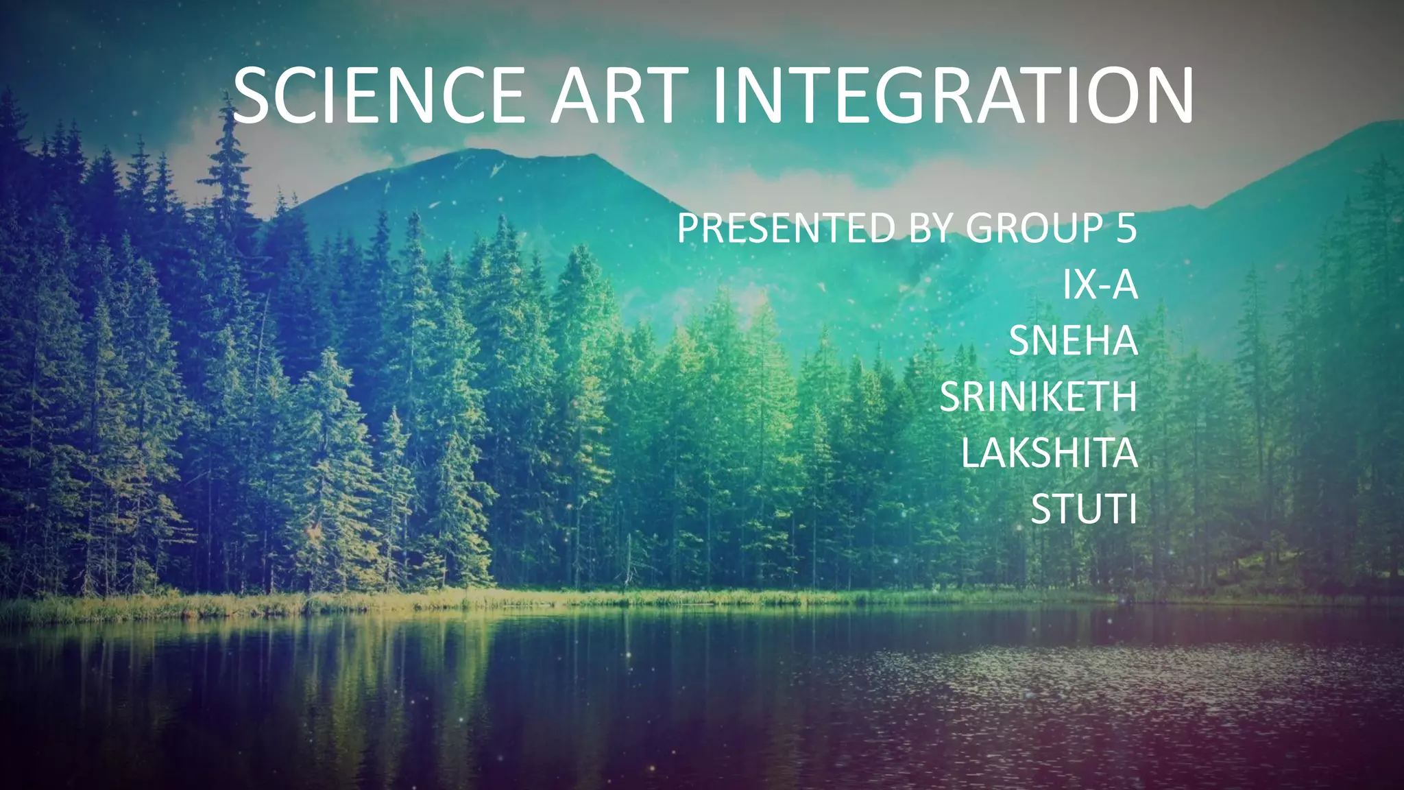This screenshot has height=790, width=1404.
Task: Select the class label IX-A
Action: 1100,285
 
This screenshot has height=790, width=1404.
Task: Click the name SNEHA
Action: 1073,341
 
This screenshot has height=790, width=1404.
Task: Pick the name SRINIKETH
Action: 1038,397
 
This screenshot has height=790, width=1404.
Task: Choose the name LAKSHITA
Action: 1049,453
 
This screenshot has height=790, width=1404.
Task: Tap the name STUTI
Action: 1084,510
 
